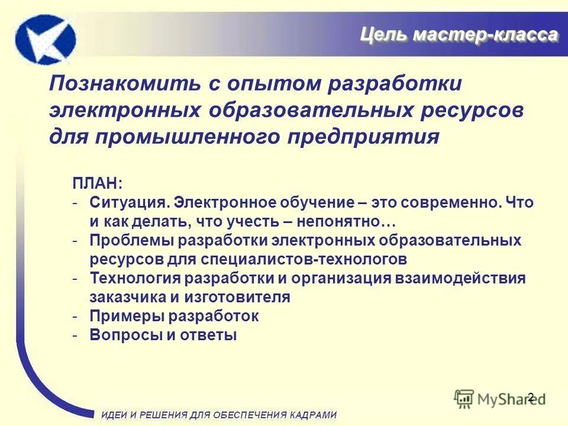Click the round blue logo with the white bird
pos(46,40)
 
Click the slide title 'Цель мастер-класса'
pos(459,35)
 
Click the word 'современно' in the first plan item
pos(453,202)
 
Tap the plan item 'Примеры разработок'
pos(174,316)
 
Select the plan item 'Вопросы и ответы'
pos(163,335)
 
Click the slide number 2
pos(530,397)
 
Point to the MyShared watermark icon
pos(464,398)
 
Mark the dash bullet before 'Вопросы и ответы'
pos(76,335)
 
